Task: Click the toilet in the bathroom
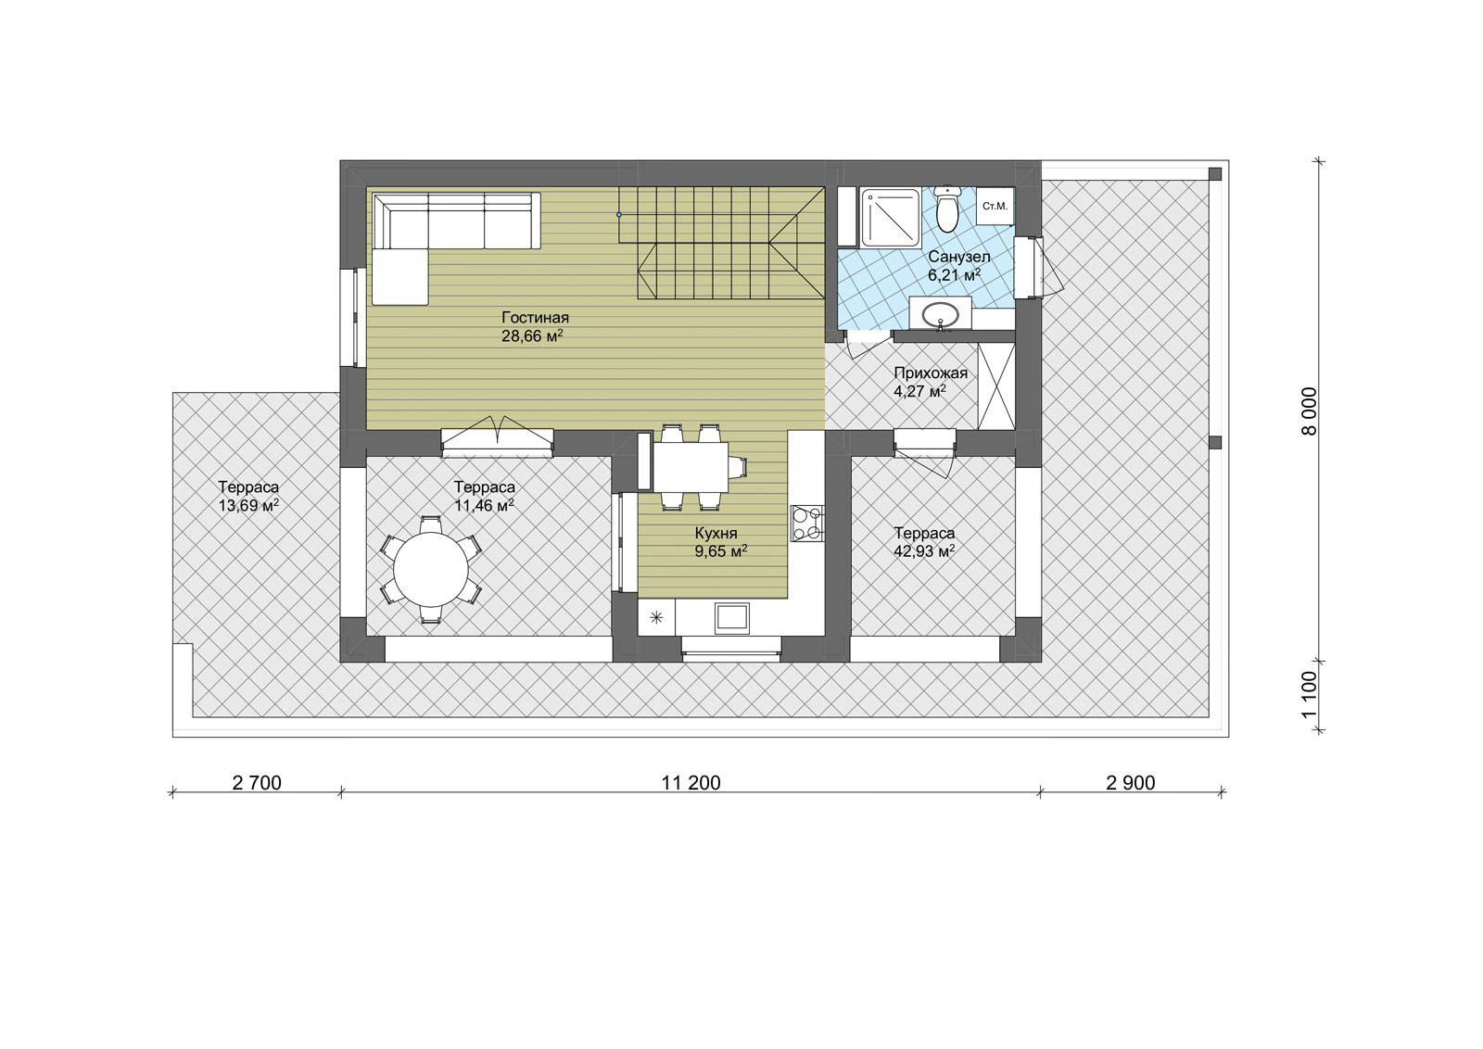[947, 209]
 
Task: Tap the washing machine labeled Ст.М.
[995, 207]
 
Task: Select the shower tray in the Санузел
[890, 218]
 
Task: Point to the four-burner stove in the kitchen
[807, 523]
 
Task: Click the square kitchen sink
[731, 618]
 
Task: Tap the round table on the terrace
[431, 569]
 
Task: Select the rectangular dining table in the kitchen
[691, 467]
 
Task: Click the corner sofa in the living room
[456, 248]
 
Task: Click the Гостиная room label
[535, 318]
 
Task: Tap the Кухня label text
[716, 533]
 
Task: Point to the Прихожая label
[931, 373]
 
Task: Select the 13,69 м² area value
[248, 506]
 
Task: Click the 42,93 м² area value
[924, 550]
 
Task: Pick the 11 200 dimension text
[691, 783]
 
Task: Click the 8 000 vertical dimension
[1309, 411]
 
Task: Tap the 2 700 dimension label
[257, 783]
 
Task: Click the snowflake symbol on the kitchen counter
[656, 618]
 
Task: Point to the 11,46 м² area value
[484, 506]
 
